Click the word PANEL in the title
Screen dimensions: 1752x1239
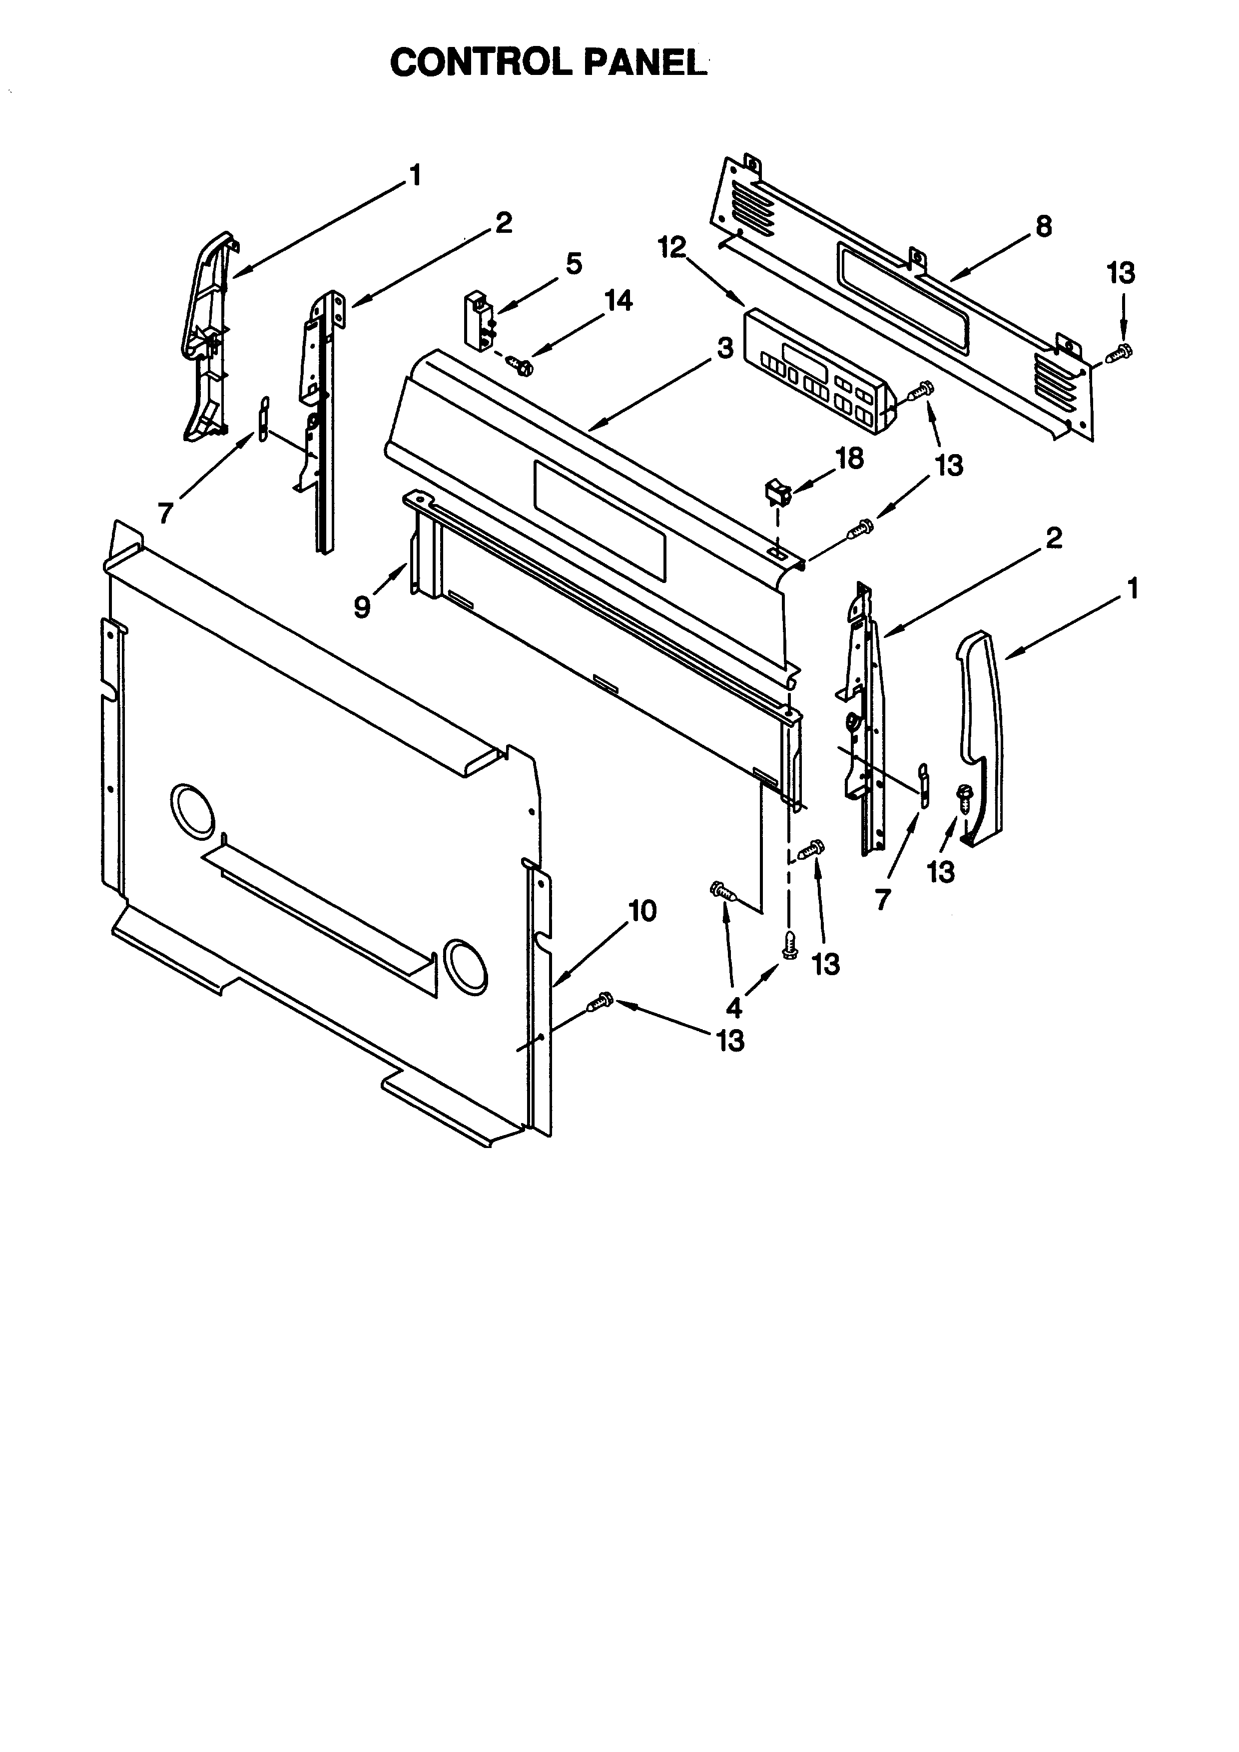click(x=644, y=62)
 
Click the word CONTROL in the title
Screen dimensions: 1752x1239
click(x=481, y=62)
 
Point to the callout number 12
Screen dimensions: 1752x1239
click(x=672, y=247)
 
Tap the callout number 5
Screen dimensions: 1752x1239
click(x=574, y=264)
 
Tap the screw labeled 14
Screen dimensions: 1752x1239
click(x=523, y=366)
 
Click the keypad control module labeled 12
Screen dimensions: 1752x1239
click(x=818, y=372)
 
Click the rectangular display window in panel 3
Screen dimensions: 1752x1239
click(x=600, y=519)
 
